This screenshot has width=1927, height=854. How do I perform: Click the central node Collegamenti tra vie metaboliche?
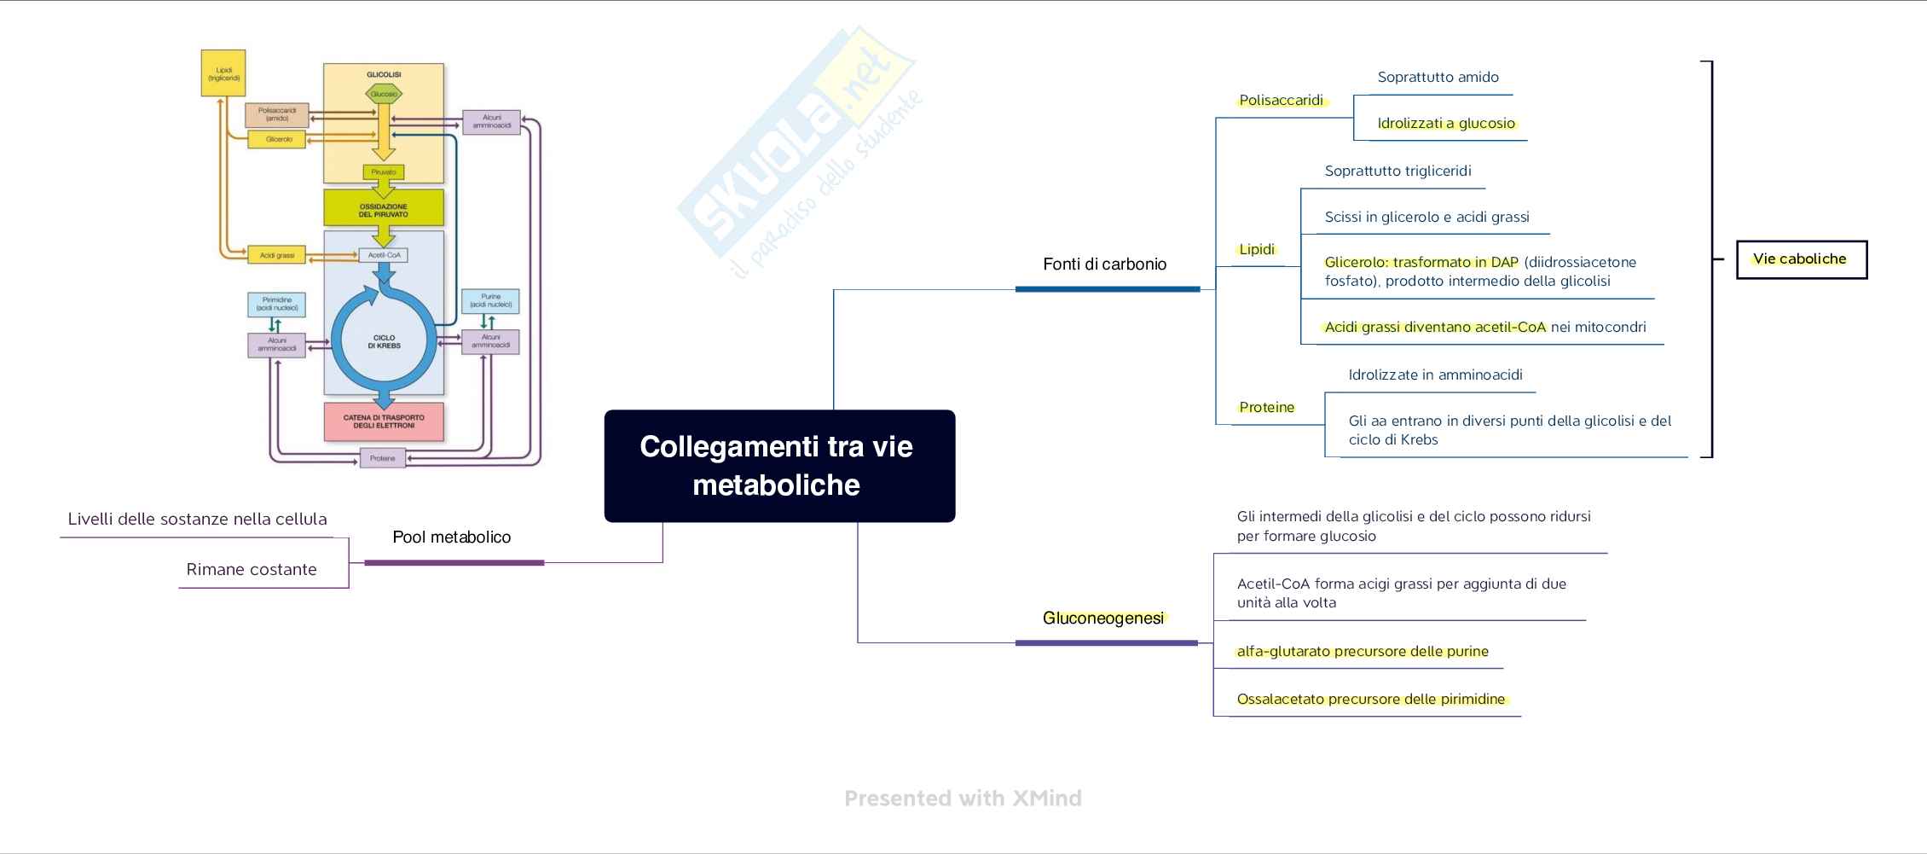click(779, 466)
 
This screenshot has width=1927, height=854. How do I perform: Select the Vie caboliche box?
click(1801, 259)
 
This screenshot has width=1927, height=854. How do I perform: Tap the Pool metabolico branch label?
click(452, 537)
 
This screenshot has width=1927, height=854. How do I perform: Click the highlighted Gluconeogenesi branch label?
click(1103, 619)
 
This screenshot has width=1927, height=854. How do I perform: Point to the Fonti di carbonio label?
click(1105, 264)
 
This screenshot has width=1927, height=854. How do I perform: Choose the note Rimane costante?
click(252, 570)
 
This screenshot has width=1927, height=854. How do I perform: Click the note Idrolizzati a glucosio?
click(1446, 124)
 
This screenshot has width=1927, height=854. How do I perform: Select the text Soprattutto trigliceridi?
click(1398, 171)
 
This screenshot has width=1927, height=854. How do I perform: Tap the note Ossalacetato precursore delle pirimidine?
click(1371, 700)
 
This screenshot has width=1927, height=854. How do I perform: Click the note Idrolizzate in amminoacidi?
click(1435, 375)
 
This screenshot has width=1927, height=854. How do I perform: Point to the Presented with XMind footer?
click(963, 799)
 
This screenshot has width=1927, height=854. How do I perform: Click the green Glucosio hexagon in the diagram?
click(384, 94)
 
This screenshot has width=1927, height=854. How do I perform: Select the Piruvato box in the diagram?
click(384, 172)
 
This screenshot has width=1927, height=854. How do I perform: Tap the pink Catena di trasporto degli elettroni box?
click(384, 421)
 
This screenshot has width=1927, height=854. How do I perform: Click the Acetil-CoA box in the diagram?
click(384, 255)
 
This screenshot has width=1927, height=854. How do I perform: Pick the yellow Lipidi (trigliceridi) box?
click(223, 73)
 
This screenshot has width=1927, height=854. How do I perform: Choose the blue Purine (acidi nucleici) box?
click(490, 301)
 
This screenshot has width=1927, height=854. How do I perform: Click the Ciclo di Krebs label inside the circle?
click(384, 341)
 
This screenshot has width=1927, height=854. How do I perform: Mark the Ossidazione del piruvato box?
click(384, 209)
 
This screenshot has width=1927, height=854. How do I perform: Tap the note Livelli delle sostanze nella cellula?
click(197, 520)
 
